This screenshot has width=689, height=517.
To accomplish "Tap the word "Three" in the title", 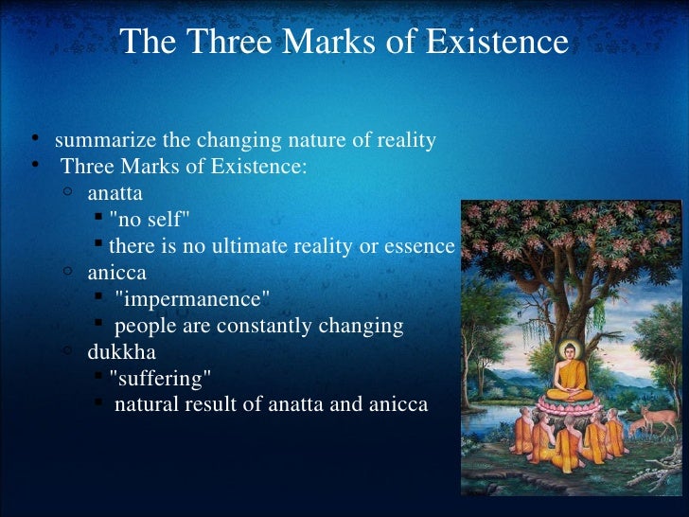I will point(219,43).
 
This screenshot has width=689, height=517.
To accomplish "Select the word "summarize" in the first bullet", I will point(105,141).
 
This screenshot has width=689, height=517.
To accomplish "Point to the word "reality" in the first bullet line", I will point(405,141).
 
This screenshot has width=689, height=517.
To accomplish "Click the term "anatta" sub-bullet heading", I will point(115,195).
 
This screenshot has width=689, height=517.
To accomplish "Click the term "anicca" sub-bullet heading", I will point(114,273).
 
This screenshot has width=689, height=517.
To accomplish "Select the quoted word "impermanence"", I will point(192,299).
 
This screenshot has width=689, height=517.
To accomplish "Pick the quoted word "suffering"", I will point(160,379).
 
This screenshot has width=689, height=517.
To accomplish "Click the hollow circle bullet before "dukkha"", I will point(68,350).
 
